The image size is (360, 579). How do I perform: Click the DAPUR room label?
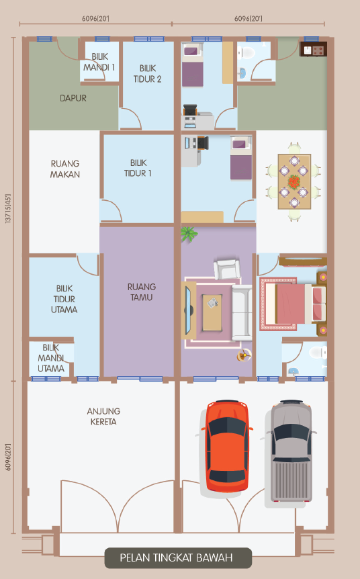pos(73,98)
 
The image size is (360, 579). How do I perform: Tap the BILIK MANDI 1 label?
pos(99,62)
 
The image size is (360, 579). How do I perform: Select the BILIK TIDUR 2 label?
pos(147,73)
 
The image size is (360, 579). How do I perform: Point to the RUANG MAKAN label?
pos(65,169)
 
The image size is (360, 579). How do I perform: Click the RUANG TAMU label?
pos(142,292)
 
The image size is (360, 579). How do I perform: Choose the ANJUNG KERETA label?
pos(103,416)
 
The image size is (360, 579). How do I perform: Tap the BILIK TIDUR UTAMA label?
pos(64,299)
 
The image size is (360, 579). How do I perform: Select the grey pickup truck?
pos(291,451)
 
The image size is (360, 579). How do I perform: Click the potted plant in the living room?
pos(189,234)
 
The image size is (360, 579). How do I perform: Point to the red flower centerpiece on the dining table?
pos(294,181)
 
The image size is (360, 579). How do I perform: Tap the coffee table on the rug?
pos(212,312)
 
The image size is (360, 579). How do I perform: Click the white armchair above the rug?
pos(227,269)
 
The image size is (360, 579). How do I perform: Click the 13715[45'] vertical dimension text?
pos(8,209)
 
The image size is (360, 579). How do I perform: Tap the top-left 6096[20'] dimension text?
pos(95,18)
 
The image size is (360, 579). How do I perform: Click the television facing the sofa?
pos(189,310)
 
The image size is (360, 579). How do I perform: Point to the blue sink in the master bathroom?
pos(293,371)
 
